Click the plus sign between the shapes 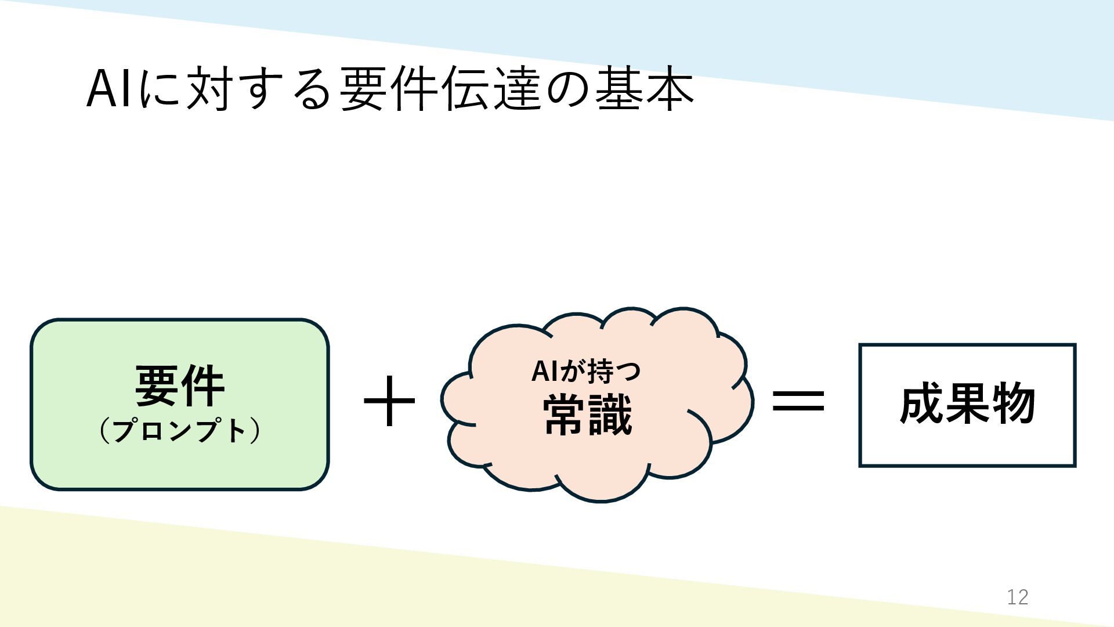pyautogui.click(x=389, y=401)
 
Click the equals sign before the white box pyautogui.click(x=798, y=401)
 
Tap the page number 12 pyautogui.click(x=1017, y=597)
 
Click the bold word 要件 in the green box pyautogui.click(x=179, y=386)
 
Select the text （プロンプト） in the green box pyautogui.click(x=179, y=431)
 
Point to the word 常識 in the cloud pyautogui.click(x=587, y=415)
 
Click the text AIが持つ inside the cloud pyautogui.click(x=586, y=371)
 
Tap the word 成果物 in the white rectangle pyautogui.click(x=967, y=404)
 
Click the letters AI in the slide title pyautogui.click(x=109, y=89)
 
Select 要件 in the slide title pyautogui.click(x=388, y=89)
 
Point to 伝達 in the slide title pyautogui.click(x=492, y=89)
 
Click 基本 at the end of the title pyautogui.click(x=644, y=89)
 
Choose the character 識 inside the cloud pyautogui.click(x=610, y=415)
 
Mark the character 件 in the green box pyautogui.click(x=202, y=386)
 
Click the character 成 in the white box pyautogui.click(x=921, y=404)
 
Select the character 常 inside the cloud pyautogui.click(x=565, y=415)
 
